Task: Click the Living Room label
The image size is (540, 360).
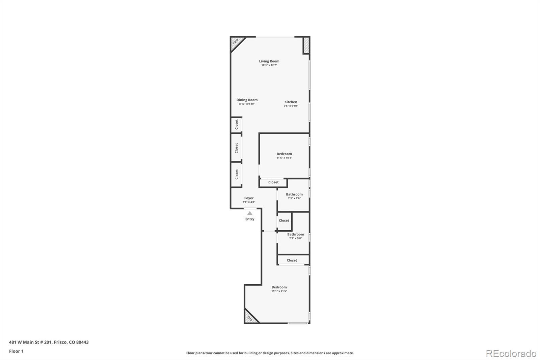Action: [x=269, y=61]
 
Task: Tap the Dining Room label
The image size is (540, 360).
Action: [x=247, y=100]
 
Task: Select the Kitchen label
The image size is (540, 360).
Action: [x=291, y=102]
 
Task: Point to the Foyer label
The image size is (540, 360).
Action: [x=249, y=198]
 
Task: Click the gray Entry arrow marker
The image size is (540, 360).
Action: [x=250, y=213]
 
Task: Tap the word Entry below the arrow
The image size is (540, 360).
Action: [x=250, y=219]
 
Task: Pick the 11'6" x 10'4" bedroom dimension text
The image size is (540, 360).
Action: [x=284, y=158]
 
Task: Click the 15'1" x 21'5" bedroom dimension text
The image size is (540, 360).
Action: [x=279, y=291]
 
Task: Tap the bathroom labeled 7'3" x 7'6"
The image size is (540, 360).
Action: [x=294, y=196]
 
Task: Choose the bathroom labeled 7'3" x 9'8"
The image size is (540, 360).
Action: [x=295, y=236]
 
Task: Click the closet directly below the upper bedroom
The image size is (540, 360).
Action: [x=273, y=182]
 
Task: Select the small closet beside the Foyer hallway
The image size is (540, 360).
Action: [x=284, y=221]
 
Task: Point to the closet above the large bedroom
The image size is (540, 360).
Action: [x=292, y=260]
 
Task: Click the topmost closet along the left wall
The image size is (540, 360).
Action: [x=237, y=124]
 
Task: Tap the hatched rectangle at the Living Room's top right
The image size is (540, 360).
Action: [x=306, y=45]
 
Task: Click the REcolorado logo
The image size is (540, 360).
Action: [x=511, y=353]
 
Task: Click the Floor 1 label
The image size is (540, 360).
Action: [x=16, y=351]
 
